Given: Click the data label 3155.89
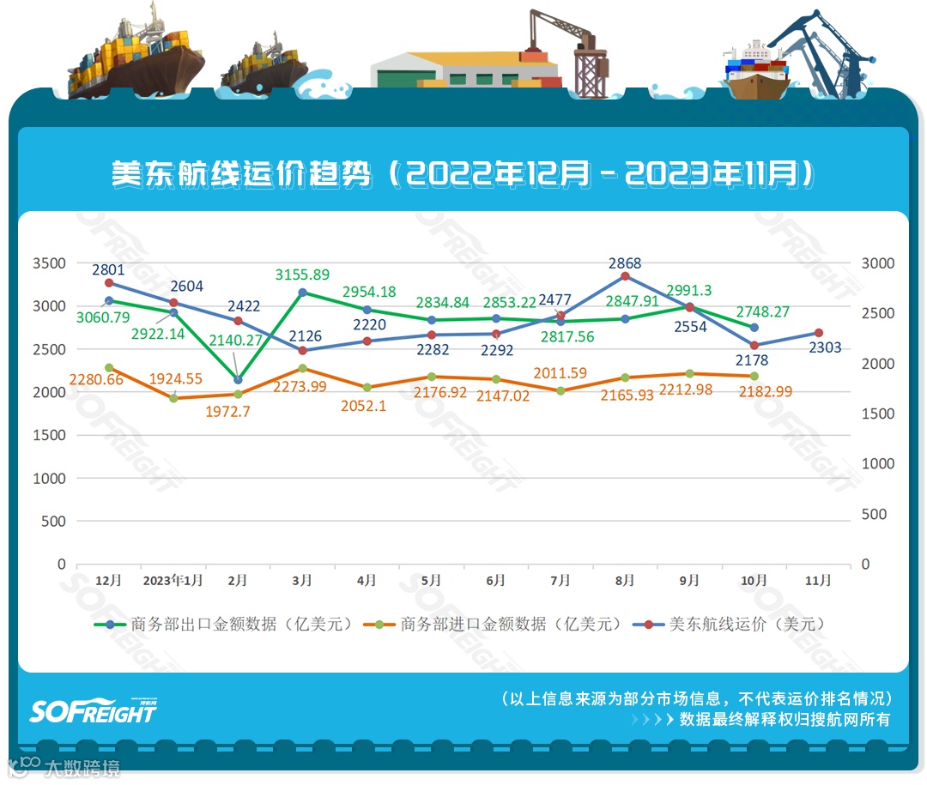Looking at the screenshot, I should [x=302, y=275].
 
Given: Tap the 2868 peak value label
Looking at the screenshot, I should [x=624, y=263].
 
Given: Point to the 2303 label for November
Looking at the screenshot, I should [x=825, y=347].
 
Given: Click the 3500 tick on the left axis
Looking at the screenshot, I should [x=49, y=263].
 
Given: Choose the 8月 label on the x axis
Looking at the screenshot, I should [x=624, y=581].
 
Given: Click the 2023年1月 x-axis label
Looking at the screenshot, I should [x=173, y=581].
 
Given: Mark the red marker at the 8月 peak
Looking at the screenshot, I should [x=625, y=276].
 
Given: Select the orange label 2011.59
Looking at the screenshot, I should [x=560, y=373].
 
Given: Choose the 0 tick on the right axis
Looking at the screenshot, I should [x=865, y=565].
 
